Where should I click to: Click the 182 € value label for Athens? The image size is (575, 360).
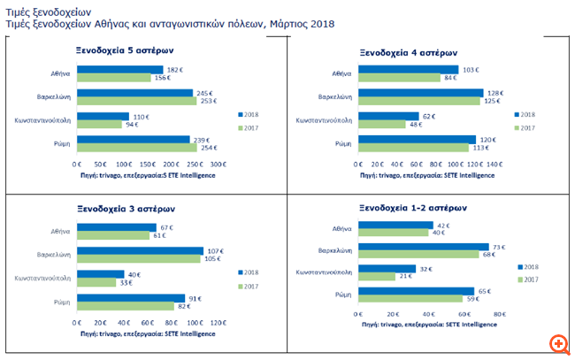point(175,68)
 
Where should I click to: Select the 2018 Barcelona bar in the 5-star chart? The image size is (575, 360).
point(134,93)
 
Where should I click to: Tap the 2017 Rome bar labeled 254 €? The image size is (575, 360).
point(137,147)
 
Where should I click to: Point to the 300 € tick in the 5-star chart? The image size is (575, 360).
point(217,165)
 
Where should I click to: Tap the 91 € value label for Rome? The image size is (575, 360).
point(196,298)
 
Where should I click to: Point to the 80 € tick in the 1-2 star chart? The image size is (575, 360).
point(499,315)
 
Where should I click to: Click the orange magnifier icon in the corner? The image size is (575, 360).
point(558,343)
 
